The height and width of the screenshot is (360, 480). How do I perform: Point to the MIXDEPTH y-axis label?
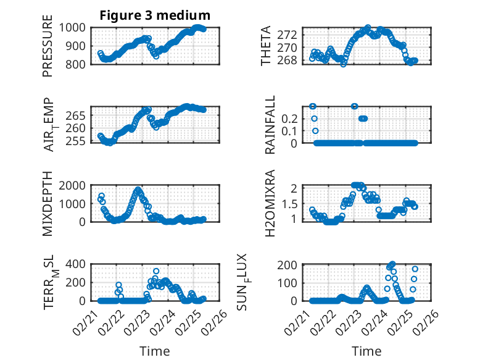pyautogui.click(x=48, y=204)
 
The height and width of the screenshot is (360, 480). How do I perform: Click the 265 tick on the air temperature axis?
pyautogui.click(x=79, y=115)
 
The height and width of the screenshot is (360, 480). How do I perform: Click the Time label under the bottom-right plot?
pyautogui.click(x=366, y=351)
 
